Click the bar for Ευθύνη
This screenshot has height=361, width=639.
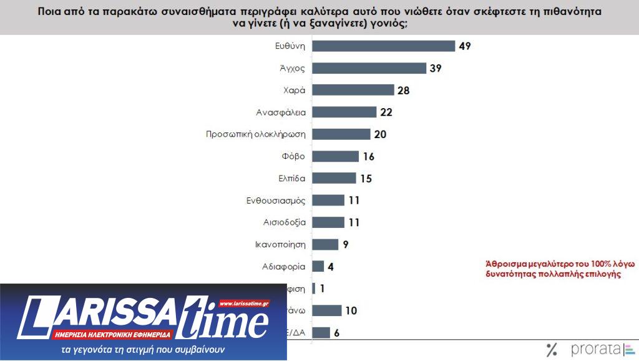(x=383, y=46)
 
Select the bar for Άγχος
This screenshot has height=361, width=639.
(x=369, y=68)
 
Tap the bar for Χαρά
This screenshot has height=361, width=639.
(x=353, y=90)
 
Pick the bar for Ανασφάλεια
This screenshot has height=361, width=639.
(x=344, y=112)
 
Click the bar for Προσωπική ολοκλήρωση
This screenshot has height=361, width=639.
(x=341, y=134)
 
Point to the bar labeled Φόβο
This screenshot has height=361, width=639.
(x=335, y=156)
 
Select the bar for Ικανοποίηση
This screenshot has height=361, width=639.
(x=325, y=244)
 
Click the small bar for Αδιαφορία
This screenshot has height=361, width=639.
(x=318, y=266)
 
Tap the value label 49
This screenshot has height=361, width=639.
(x=464, y=46)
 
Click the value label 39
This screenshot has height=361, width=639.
(x=436, y=68)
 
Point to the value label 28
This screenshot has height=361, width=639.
(x=404, y=90)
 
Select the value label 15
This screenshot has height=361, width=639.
(x=366, y=178)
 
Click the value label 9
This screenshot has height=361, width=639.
(x=345, y=244)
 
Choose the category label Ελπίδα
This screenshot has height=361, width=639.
(x=291, y=178)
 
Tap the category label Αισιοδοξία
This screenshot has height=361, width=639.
(x=284, y=222)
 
